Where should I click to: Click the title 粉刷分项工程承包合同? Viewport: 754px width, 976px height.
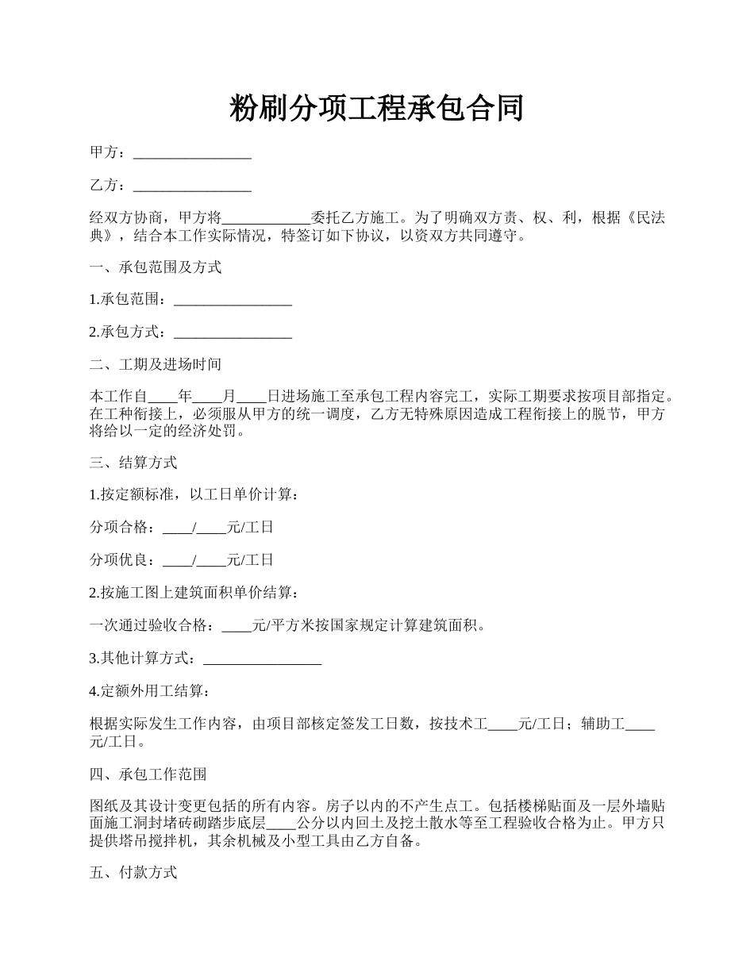(376, 108)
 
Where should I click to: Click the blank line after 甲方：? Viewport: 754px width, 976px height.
(192, 153)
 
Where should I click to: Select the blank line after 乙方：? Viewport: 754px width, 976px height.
(192, 186)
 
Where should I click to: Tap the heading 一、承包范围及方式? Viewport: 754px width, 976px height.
(156, 267)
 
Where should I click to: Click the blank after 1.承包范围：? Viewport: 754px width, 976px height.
(233, 300)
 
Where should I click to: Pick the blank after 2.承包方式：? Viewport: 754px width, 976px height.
(233, 332)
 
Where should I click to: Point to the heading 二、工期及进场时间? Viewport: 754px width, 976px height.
(156, 364)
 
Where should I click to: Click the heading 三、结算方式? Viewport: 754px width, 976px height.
(133, 462)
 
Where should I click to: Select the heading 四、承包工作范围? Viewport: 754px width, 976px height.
(148, 774)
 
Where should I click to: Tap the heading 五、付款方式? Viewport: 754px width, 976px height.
(133, 873)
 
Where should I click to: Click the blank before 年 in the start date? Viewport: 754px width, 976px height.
(163, 396)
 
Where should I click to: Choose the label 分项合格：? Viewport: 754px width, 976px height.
(125, 527)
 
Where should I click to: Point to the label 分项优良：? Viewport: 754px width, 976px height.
(125, 559)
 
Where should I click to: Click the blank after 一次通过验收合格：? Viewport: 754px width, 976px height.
(237, 625)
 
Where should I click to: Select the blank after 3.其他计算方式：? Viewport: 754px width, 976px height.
(263, 658)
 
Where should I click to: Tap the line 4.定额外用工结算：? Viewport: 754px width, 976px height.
(150, 691)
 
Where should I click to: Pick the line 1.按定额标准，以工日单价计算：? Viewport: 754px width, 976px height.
(194, 494)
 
